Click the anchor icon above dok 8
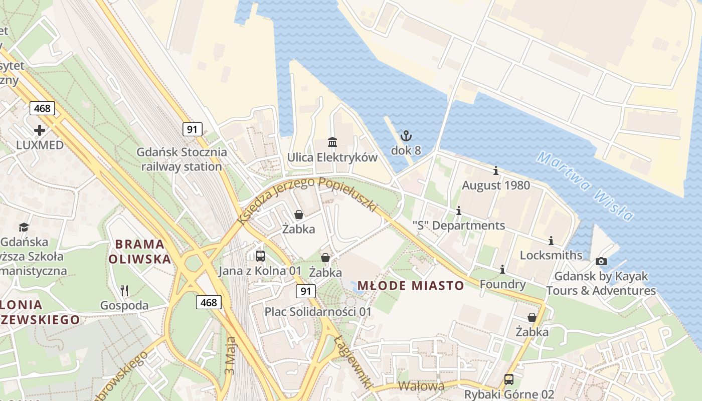[406, 135]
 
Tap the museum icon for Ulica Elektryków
[332, 142]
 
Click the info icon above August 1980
[496, 170]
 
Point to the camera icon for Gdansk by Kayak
[601, 261]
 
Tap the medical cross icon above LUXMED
[40, 130]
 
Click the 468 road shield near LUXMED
[42, 108]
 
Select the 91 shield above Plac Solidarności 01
[305, 291]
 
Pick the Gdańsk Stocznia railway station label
[182, 159]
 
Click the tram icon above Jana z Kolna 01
[260, 256]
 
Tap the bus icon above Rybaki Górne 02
[508, 379]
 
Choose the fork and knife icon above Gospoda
[124, 290]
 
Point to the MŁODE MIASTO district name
[410, 286]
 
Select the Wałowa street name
[421, 386]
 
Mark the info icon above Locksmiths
[551, 241]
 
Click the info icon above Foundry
[502, 270]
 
